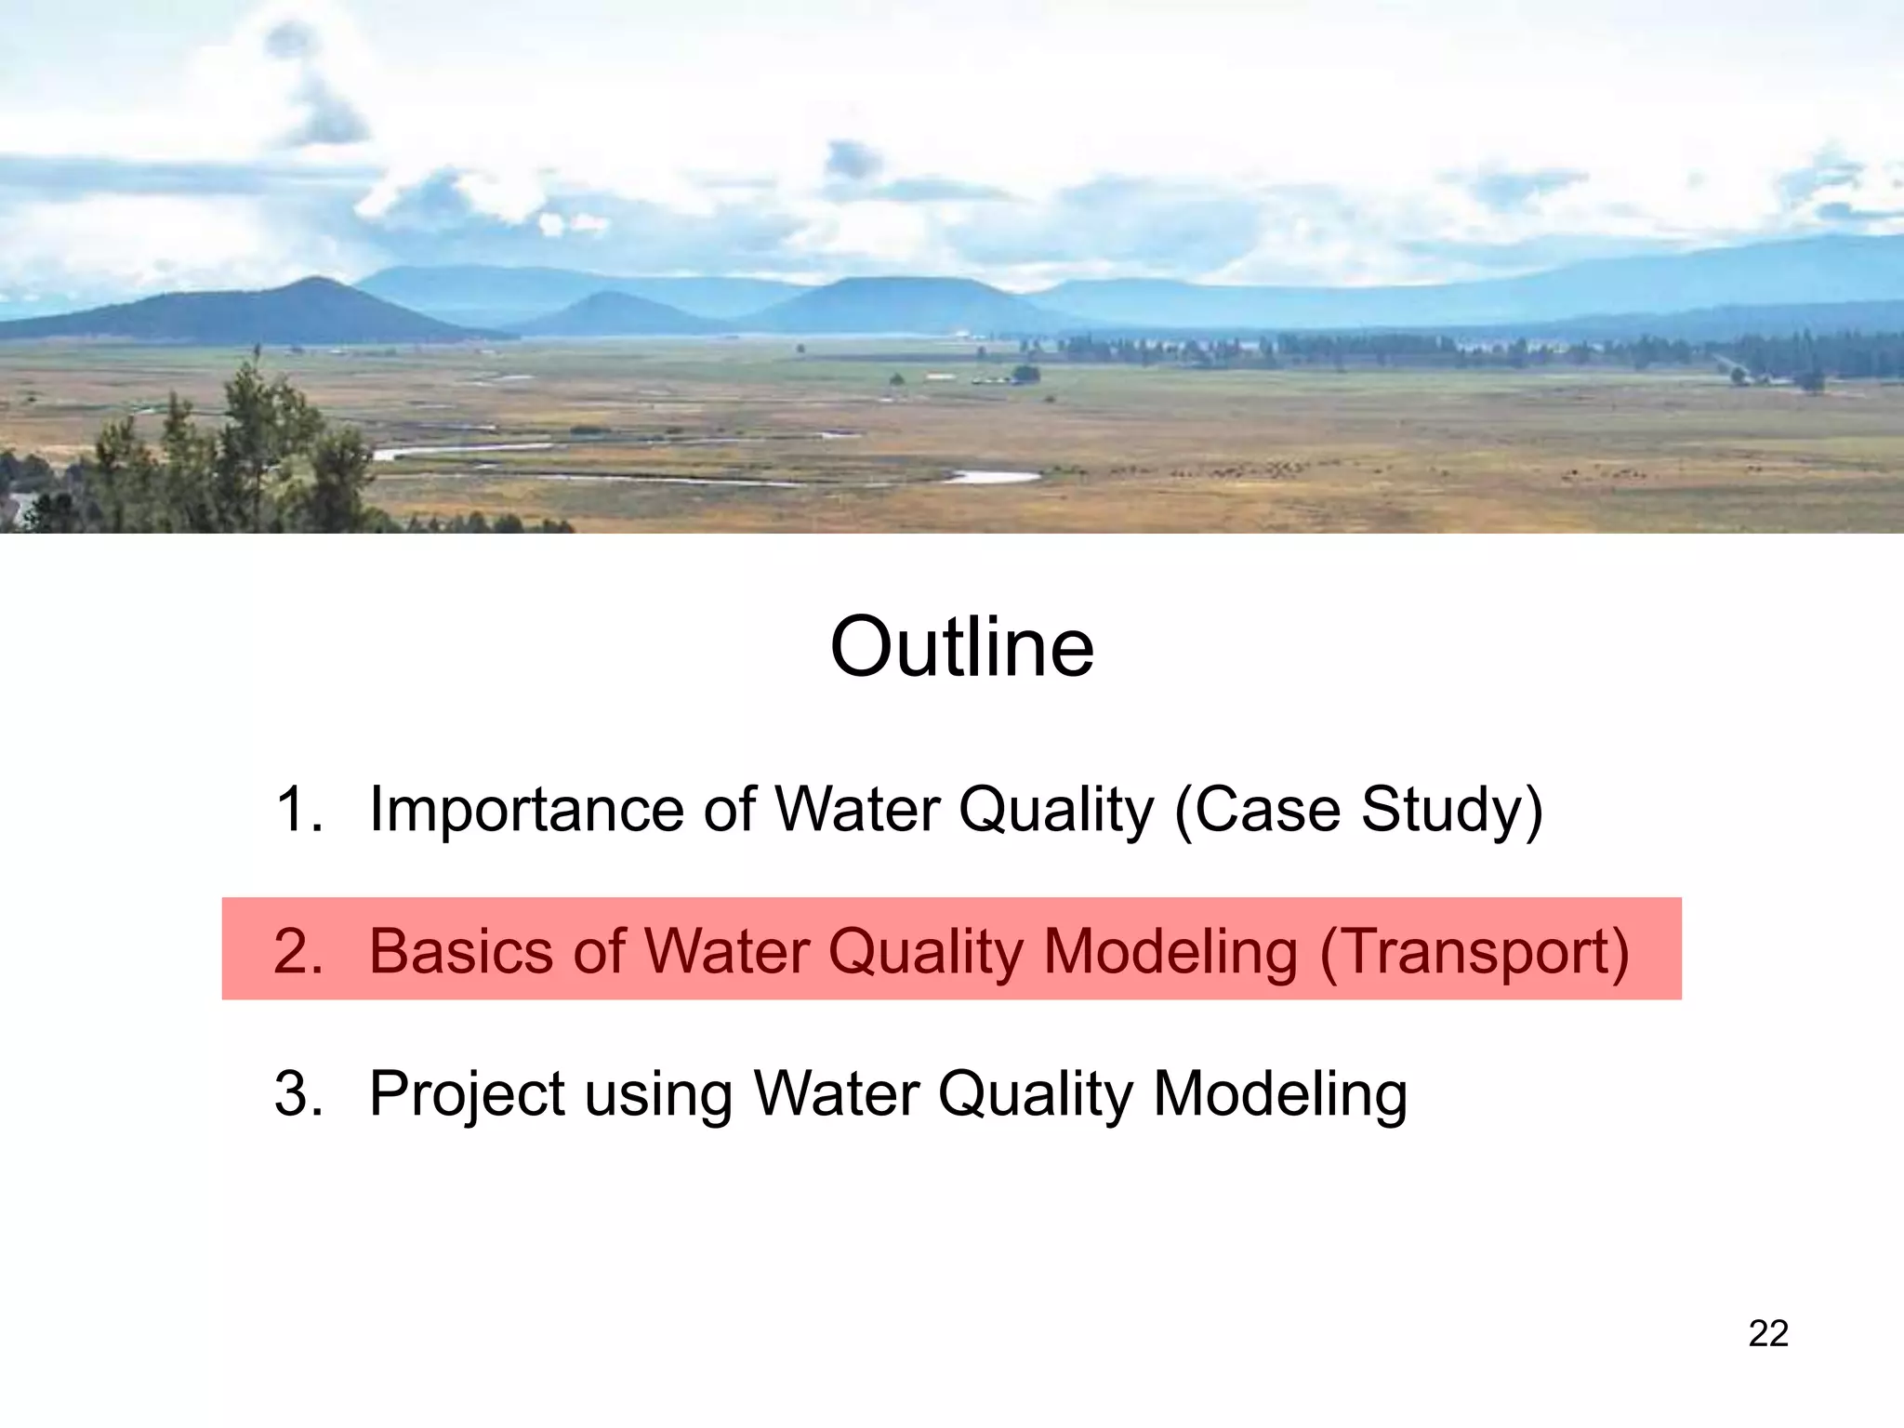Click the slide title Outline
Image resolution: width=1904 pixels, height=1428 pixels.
point(961,648)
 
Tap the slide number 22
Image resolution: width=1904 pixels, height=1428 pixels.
point(1767,1333)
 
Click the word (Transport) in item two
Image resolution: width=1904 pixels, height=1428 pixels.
point(1474,953)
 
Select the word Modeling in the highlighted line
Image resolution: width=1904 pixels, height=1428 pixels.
point(1170,953)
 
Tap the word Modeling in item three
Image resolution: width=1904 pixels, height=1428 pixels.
point(1280,1095)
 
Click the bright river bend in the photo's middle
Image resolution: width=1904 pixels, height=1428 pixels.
point(995,477)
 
